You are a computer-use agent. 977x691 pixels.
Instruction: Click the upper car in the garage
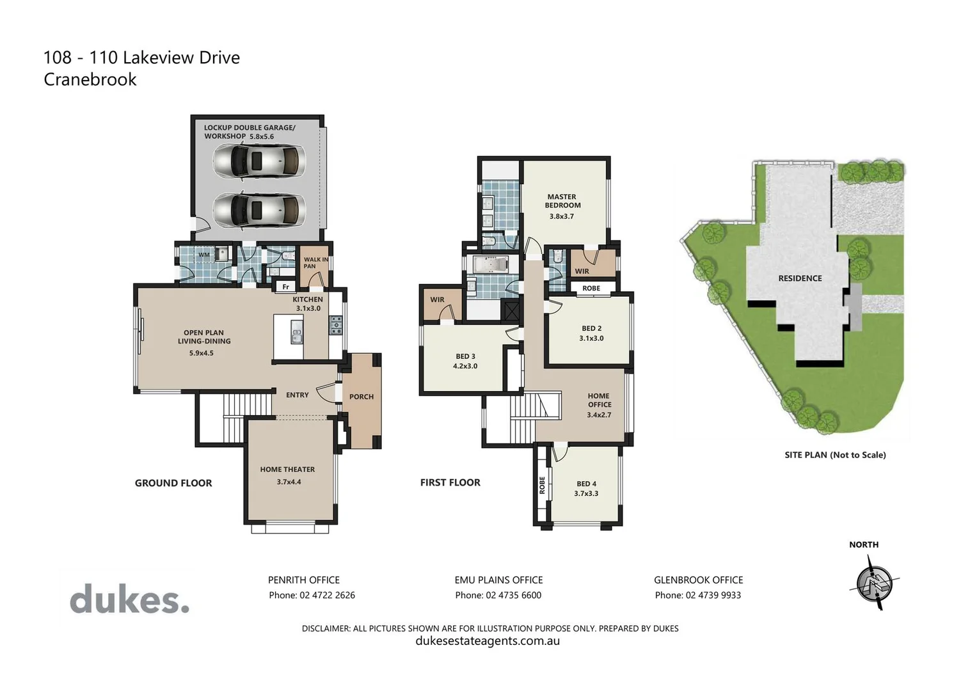[x=258, y=161]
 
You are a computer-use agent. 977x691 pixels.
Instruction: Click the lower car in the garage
[x=258, y=210]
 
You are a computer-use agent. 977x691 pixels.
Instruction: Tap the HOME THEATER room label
[x=287, y=470]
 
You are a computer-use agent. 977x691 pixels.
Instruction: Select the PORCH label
[x=361, y=397]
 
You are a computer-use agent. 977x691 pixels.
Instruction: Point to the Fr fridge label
[x=286, y=287]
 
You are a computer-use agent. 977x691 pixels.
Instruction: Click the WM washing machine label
[x=203, y=255]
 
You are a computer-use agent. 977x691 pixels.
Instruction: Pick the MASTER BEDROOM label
[x=562, y=201]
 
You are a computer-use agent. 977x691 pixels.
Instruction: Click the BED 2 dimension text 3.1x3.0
[x=591, y=338]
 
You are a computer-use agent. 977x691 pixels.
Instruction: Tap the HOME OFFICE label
[x=600, y=401]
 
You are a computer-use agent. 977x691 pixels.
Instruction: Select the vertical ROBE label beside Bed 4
[x=543, y=484]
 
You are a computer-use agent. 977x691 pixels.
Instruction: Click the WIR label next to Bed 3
[x=437, y=299]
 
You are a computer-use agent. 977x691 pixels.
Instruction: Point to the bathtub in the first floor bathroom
[x=491, y=264]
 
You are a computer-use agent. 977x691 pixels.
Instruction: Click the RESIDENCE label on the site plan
[x=800, y=278]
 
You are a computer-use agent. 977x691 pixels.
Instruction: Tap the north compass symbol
[x=874, y=583]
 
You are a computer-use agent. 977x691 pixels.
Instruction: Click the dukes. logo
[x=129, y=600]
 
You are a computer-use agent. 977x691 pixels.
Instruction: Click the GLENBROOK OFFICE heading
[x=698, y=580]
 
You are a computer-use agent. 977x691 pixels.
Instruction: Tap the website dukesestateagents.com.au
[x=488, y=641]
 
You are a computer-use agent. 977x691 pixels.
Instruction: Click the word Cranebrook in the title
[x=90, y=79]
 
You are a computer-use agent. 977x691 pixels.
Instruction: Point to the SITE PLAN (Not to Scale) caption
[x=835, y=455]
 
